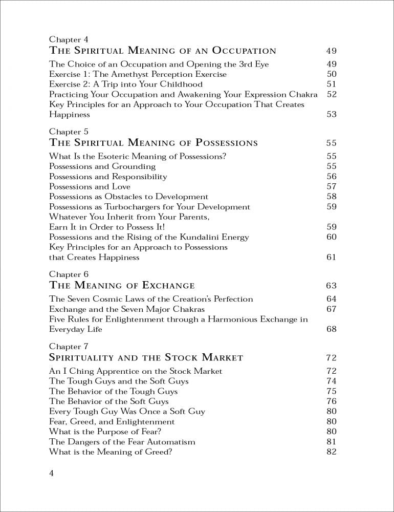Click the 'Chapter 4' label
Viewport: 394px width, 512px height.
coord(65,39)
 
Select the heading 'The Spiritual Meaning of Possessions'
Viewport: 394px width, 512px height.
coord(153,142)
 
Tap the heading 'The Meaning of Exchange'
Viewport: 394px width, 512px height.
coord(122,285)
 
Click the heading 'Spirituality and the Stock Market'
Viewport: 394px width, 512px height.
coord(146,357)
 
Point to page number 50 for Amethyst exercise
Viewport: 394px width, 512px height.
coord(331,74)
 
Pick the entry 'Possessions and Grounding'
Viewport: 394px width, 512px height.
coord(102,166)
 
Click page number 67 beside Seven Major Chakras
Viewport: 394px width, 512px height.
coord(331,309)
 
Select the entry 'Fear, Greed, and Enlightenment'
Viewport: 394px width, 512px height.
coord(112,422)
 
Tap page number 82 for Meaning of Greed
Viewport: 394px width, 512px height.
coord(331,452)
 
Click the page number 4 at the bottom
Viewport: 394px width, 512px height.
coord(52,473)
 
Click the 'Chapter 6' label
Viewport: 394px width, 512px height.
coord(65,274)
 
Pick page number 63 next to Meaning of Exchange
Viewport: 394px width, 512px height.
coord(331,286)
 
